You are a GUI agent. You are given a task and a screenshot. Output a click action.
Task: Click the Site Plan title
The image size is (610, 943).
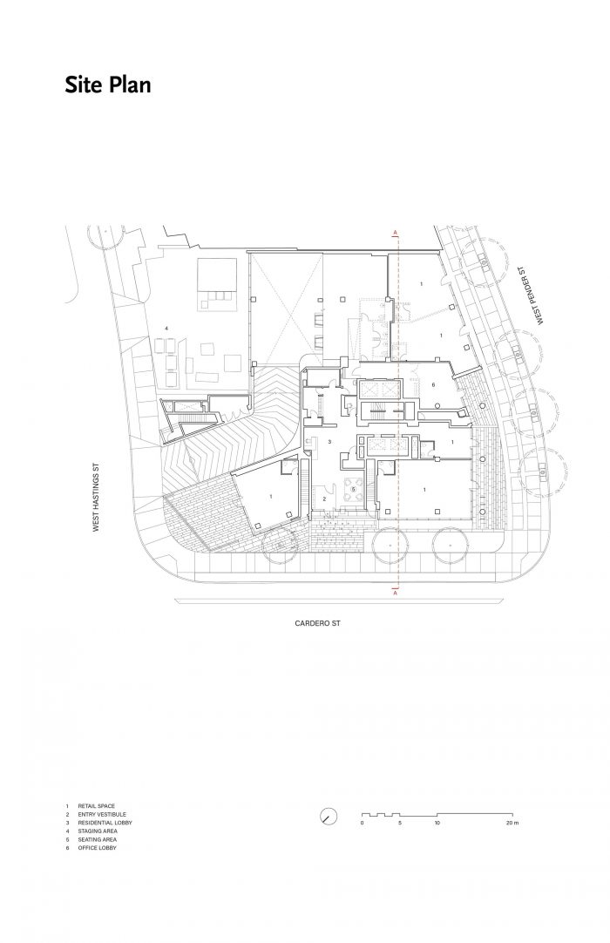tap(108, 85)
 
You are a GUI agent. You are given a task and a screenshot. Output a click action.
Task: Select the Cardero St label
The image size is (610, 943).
tap(317, 623)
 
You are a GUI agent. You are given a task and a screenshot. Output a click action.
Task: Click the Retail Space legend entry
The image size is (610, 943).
tap(96, 805)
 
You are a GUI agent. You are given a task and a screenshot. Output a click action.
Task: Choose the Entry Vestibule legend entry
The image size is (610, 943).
tap(102, 814)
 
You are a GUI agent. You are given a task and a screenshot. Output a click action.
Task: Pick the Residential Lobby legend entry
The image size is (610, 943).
tap(105, 822)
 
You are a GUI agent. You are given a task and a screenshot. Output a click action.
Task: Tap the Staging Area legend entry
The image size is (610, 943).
tap(98, 831)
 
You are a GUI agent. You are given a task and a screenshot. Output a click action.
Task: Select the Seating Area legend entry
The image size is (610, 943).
tap(98, 839)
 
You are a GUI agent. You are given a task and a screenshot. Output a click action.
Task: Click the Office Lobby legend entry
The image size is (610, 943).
tap(97, 847)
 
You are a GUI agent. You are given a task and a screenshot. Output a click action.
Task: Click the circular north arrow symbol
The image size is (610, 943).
tap(329, 816)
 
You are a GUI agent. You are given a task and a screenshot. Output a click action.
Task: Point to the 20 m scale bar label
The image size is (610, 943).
tap(512, 822)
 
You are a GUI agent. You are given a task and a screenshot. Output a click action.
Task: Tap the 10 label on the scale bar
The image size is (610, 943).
tap(437, 822)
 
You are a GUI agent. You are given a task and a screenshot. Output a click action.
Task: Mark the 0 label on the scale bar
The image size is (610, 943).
tap(363, 822)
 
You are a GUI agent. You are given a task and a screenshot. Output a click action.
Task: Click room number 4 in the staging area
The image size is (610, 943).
tap(166, 327)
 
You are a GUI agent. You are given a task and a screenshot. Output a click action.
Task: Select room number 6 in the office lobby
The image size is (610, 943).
tap(432, 384)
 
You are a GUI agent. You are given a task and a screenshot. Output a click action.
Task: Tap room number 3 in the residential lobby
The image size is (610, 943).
tap(329, 441)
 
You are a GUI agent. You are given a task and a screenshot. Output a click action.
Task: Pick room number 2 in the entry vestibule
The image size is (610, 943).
tap(323, 499)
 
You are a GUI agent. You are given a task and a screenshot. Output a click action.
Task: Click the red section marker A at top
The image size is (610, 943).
tap(396, 232)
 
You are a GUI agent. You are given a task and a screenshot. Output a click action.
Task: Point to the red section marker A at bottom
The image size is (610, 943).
tap(396, 593)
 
